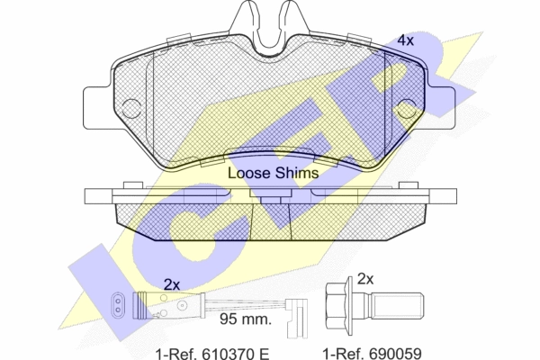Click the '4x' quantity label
click(x=405, y=40)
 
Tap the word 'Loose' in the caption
click(x=249, y=173)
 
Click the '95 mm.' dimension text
click(x=246, y=319)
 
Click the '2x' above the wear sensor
click(x=172, y=285)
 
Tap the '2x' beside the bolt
click(x=365, y=279)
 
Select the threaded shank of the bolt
click(x=396, y=306)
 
